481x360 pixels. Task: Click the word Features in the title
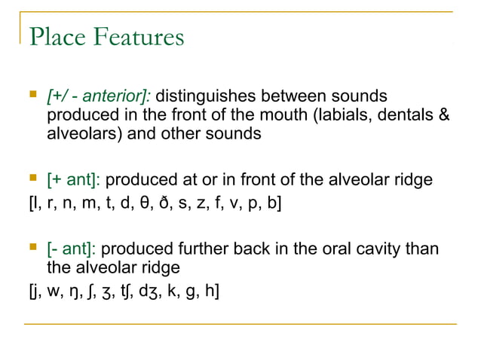coord(137,36)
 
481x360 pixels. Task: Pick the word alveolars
coord(80,134)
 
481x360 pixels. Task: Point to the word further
coord(203,249)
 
